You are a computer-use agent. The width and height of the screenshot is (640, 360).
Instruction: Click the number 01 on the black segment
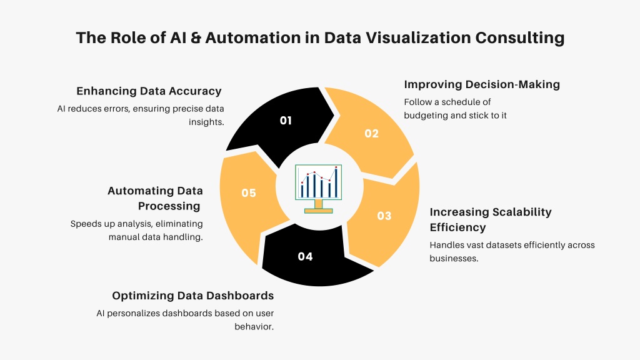click(286, 121)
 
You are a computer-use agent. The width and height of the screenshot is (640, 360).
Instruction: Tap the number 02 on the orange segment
click(371, 134)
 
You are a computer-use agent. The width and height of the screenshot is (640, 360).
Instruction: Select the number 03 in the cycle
click(384, 216)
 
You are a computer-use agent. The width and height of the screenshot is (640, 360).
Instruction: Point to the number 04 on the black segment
click(305, 256)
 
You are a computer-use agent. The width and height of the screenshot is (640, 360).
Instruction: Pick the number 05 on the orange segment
click(249, 192)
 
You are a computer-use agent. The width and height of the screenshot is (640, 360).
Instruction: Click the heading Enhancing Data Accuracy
click(149, 91)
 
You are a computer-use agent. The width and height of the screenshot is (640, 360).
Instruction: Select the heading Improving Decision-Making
click(482, 84)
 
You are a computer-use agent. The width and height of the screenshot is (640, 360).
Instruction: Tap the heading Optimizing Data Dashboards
click(193, 296)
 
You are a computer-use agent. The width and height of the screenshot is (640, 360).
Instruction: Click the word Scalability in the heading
click(522, 212)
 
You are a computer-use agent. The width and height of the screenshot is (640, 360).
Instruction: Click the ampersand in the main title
click(196, 37)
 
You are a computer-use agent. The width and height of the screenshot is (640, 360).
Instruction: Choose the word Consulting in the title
click(519, 37)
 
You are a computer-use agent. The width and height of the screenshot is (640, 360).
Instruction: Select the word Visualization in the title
click(417, 37)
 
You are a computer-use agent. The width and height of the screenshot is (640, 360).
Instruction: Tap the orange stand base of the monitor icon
click(318, 211)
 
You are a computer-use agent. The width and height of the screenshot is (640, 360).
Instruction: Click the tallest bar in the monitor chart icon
click(336, 182)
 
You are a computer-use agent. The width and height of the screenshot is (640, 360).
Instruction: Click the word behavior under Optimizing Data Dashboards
click(254, 326)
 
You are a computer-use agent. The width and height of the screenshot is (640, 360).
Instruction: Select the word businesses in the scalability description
click(454, 258)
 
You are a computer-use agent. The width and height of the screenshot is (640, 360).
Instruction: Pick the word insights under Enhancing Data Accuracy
click(206, 122)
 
